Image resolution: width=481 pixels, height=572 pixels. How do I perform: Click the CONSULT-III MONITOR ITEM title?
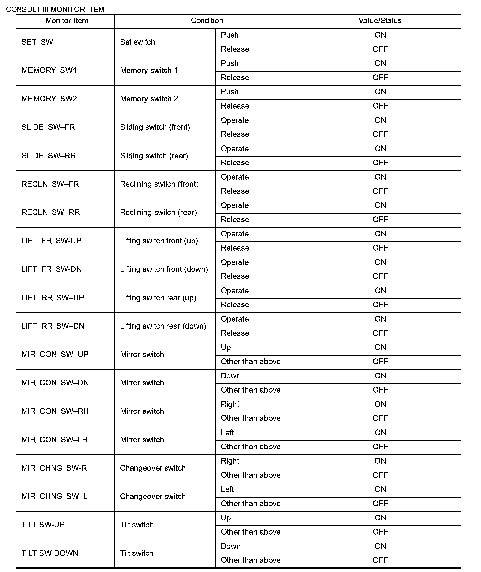click(x=55, y=9)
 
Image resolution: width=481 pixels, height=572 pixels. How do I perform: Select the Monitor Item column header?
click(x=67, y=21)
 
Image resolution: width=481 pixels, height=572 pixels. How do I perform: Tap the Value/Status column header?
click(x=380, y=21)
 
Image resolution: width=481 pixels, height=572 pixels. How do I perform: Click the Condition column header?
click(x=207, y=21)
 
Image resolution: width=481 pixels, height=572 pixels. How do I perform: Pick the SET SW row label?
click(x=37, y=42)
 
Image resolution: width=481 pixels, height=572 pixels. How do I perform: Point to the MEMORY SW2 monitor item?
click(x=49, y=99)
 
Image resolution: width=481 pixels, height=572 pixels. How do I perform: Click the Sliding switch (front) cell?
click(x=155, y=127)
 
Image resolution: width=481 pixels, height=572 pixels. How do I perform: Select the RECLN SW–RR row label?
click(x=51, y=212)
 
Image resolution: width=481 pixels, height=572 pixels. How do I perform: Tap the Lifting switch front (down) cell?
click(x=164, y=269)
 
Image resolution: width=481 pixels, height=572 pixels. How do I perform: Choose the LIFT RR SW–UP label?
click(x=53, y=298)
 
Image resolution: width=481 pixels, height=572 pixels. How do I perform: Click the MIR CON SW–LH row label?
click(x=55, y=440)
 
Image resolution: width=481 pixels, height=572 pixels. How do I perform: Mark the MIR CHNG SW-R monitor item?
click(x=54, y=468)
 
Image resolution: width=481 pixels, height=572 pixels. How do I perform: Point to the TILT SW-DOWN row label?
click(x=50, y=553)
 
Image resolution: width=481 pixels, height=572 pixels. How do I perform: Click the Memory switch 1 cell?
click(x=149, y=70)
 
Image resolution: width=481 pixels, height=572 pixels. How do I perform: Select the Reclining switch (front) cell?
click(x=159, y=184)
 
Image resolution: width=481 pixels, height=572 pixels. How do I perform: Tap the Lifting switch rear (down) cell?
click(x=163, y=326)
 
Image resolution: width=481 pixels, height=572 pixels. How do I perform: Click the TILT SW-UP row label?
click(x=43, y=525)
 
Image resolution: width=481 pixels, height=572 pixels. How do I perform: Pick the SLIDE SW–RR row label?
click(x=49, y=156)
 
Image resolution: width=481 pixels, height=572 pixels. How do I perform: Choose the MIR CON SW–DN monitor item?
click(x=55, y=383)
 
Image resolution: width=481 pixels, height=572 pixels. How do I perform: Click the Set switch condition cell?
click(x=137, y=42)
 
